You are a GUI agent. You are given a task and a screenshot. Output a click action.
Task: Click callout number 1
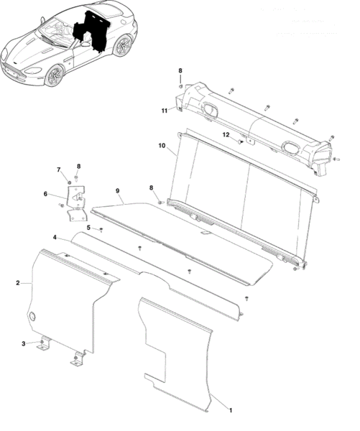coord(231,410)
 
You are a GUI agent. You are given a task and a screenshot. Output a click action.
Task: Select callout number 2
coord(18,283)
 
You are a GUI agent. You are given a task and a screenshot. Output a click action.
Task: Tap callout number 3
coord(24,343)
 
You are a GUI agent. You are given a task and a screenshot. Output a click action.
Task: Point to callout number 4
coord(55,237)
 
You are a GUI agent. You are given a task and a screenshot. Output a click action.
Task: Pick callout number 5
coord(88,228)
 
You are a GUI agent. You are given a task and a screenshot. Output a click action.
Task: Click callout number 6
coord(45,194)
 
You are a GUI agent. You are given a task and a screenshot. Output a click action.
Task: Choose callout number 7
coord(59,170)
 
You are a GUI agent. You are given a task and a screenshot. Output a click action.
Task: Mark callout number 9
coord(118,191)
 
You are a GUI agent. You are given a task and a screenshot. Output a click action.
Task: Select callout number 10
coord(162,145)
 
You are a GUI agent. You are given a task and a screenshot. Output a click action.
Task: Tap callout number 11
coord(164,111)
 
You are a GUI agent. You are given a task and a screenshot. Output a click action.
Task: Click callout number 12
coord(226,135)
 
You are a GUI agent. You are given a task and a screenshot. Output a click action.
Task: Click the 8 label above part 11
coord(180,70)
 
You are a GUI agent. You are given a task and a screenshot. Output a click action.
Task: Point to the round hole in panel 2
coord(32,316)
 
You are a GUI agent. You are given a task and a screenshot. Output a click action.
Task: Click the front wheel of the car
coord(54,75)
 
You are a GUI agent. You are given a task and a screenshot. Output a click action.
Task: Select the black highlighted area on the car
coord(91,31)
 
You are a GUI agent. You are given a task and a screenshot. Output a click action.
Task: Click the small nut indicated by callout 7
coord(69,182)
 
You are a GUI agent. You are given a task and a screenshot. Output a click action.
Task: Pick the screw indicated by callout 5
coord(101,229)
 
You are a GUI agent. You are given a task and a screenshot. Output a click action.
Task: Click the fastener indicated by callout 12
coord(241,142)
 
